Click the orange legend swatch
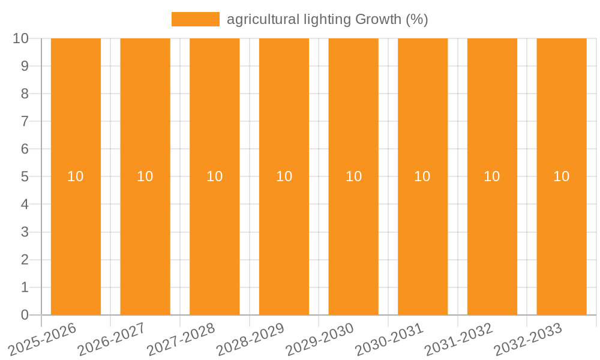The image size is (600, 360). pos(196,19)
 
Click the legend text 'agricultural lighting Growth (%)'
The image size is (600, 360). pos(327,19)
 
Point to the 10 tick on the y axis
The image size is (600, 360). pos(20,38)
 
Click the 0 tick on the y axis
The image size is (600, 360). pos(25,315)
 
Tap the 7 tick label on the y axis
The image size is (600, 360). pos(25,121)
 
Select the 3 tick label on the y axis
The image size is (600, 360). pos(25,232)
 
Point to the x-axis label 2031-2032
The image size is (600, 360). pos(459,339)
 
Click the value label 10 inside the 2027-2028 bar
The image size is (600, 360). pos(214,176)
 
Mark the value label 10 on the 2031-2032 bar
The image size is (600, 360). pos(492,176)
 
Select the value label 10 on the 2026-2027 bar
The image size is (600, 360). pos(145,176)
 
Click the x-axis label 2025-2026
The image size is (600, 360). pos(43,339)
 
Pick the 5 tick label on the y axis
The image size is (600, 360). pos(25,177)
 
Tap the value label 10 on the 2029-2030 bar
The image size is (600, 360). pos(353,176)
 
